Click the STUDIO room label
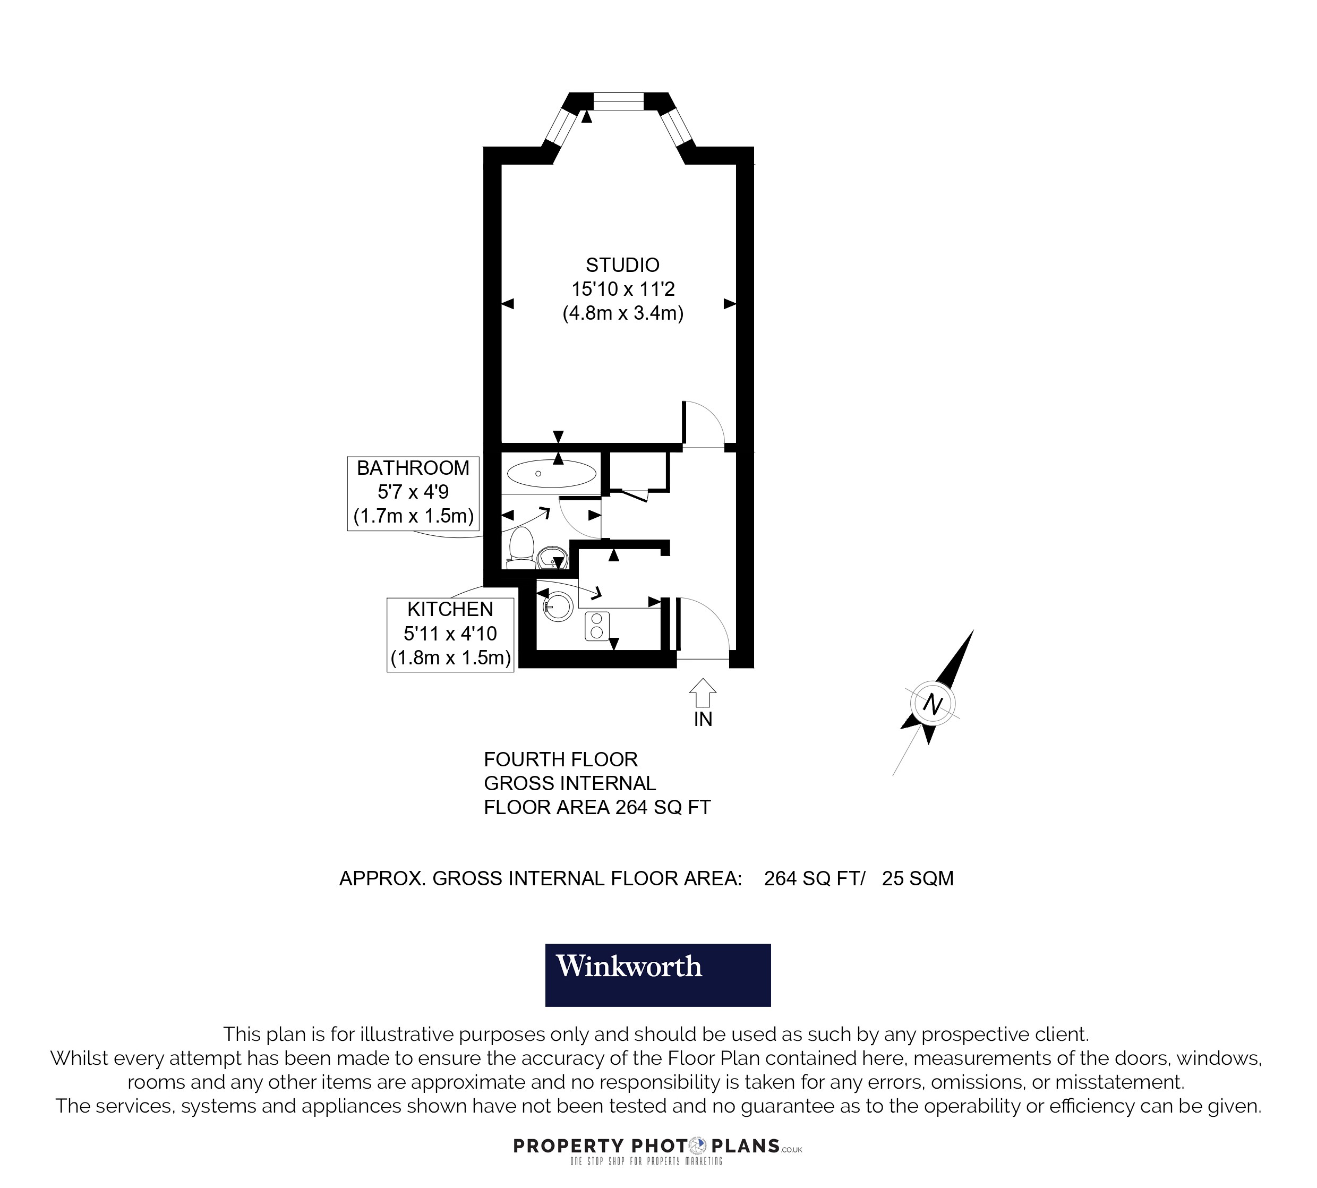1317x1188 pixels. coord(622,265)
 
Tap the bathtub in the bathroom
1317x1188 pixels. coord(551,473)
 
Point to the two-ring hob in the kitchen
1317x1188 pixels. coord(596,625)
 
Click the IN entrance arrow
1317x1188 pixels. coord(702,693)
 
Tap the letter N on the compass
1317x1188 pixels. coord(933,704)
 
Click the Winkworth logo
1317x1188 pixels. coord(658,975)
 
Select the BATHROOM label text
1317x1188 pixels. coord(413,468)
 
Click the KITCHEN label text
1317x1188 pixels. coord(450,609)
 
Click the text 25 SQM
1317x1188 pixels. coord(918,878)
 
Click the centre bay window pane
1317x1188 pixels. coord(618,101)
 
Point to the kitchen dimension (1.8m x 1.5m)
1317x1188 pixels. coord(450,657)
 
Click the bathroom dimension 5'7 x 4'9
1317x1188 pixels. coord(413,492)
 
